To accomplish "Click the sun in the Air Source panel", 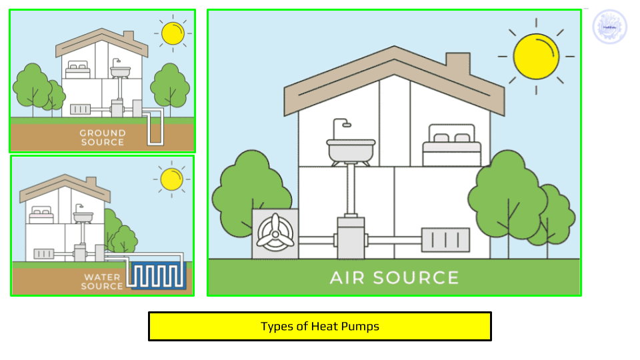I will (x=536, y=56).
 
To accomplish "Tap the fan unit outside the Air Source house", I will (x=275, y=234).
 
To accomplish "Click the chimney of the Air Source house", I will (x=457, y=65).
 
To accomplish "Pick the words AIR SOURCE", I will (x=395, y=277).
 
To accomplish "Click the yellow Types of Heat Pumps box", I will (x=320, y=327).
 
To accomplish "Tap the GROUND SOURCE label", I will (x=102, y=137).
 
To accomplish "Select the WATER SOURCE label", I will (x=103, y=281).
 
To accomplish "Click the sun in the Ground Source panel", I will (x=172, y=32).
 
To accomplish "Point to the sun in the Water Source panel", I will (x=171, y=178).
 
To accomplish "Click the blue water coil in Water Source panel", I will (x=157, y=275).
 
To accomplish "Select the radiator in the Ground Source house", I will (x=80, y=109).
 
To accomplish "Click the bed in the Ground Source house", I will (x=79, y=67).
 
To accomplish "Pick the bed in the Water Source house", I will (x=41, y=213).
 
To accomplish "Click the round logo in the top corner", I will (x=609, y=27).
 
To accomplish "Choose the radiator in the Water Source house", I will (x=44, y=255).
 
